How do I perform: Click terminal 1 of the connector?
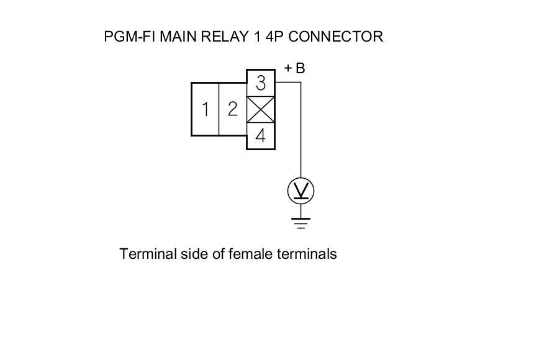pyautogui.click(x=205, y=109)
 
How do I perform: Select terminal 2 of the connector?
pyautogui.click(x=232, y=109)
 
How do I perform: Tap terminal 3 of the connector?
pyautogui.click(x=261, y=83)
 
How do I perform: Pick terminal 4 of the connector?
pyautogui.click(x=261, y=136)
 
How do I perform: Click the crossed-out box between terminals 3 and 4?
pyautogui.click(x=261, y=110)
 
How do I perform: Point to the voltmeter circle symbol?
pyautogui.click(x=301, y=191)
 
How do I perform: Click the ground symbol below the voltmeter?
pyautogui.click(x=301, y=222)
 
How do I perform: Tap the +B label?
pyautogui.click(x=294, y=68)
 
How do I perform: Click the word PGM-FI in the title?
pyautogui.click(x=130, y=37)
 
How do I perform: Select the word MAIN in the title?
pyautogui.click(x=178, y=37)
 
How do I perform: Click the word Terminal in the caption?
pyautogui.click(x=145, y=254)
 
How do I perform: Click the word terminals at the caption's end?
pyautogui.click(x=307, y=254)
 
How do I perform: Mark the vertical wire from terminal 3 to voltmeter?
pyautogui.click(x=301, y=130)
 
